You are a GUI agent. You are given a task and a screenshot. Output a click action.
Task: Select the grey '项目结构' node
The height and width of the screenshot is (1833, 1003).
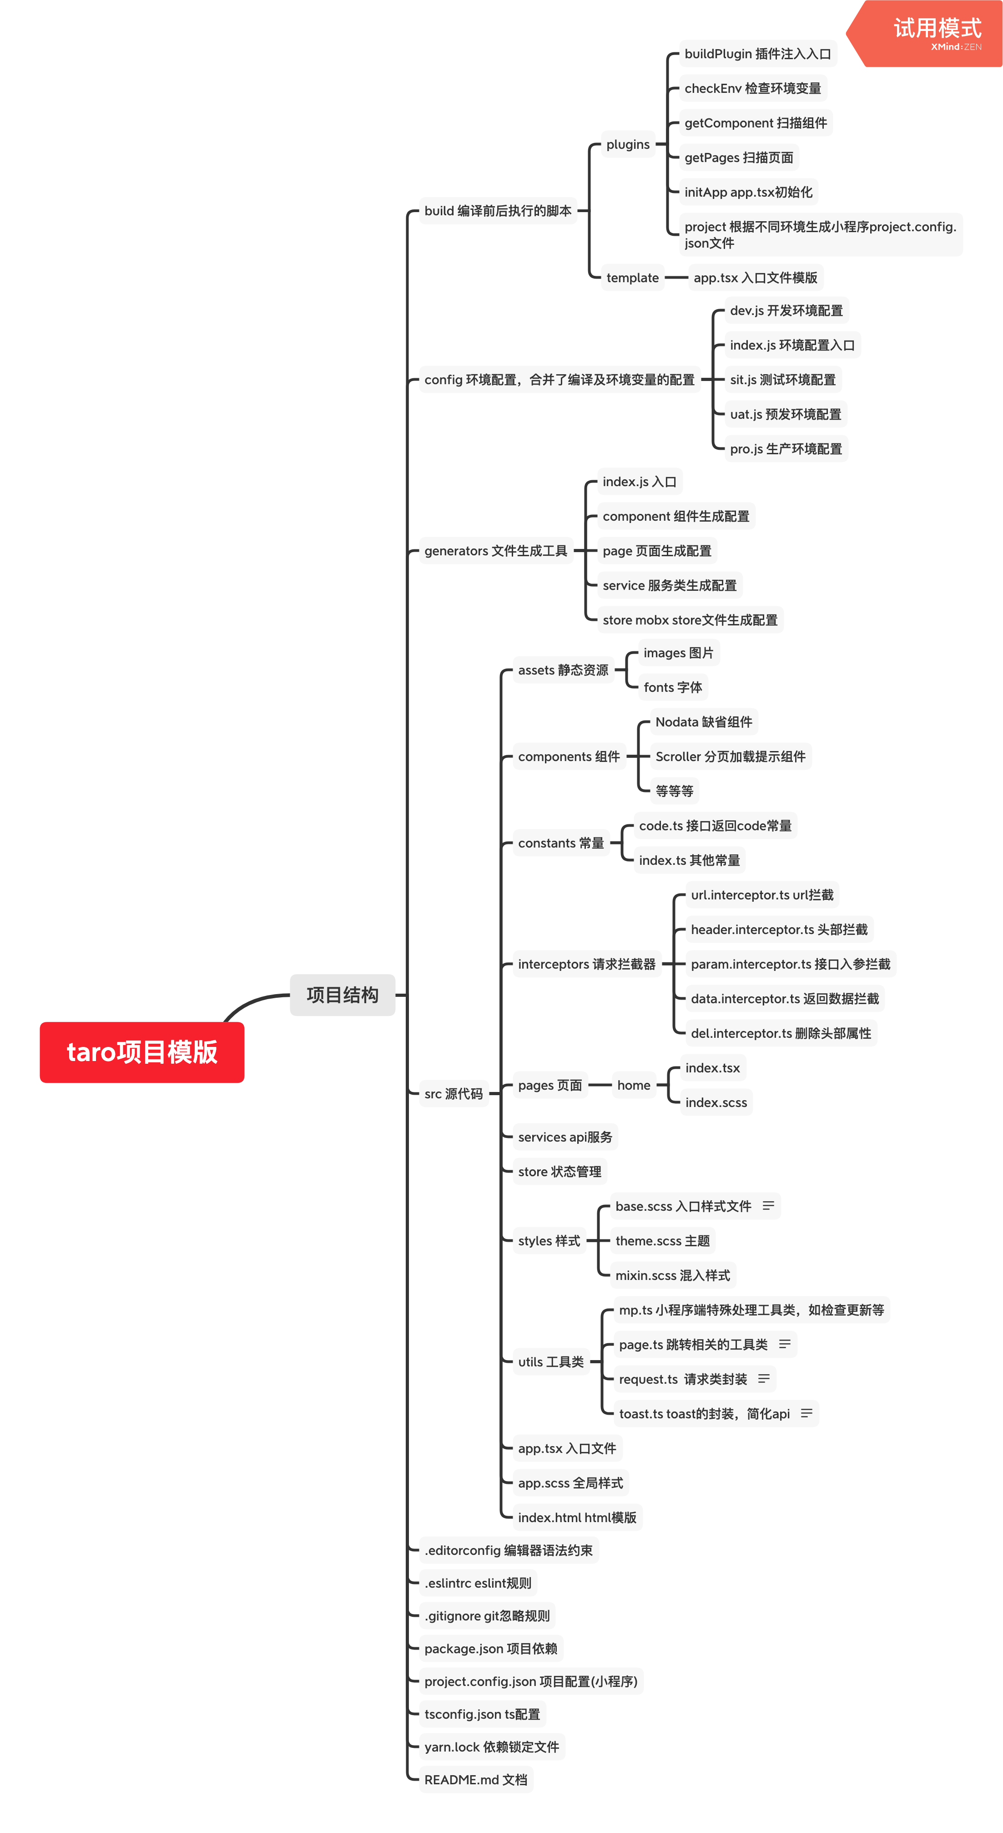[x=342, y=994]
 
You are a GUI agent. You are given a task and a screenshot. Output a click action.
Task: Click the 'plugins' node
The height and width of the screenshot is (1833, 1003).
[x=627, y=144]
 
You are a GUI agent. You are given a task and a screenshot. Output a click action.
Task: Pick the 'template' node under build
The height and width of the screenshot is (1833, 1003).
[x=632, y=278]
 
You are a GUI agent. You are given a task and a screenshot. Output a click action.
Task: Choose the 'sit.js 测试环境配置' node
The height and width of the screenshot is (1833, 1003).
[x=782, y=379]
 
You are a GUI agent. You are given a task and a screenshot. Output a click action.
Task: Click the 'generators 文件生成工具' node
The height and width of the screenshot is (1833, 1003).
[x=496, y=551]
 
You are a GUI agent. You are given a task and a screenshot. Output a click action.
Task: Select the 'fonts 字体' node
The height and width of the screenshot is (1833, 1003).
[x=672, y=687]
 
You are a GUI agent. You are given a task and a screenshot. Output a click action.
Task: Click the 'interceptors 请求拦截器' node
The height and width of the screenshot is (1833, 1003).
[x=586, y=964]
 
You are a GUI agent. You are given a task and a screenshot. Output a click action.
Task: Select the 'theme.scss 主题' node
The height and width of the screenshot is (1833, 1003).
[x=662, y=1240]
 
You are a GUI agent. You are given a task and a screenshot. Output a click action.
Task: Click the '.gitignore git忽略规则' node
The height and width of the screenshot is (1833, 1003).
[x=487, y=1616]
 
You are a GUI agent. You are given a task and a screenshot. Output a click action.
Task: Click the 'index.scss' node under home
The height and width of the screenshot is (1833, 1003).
[x=716, y=1102]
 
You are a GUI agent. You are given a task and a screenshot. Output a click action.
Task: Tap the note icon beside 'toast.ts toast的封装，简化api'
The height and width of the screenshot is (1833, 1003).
[x=806, y=1413]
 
